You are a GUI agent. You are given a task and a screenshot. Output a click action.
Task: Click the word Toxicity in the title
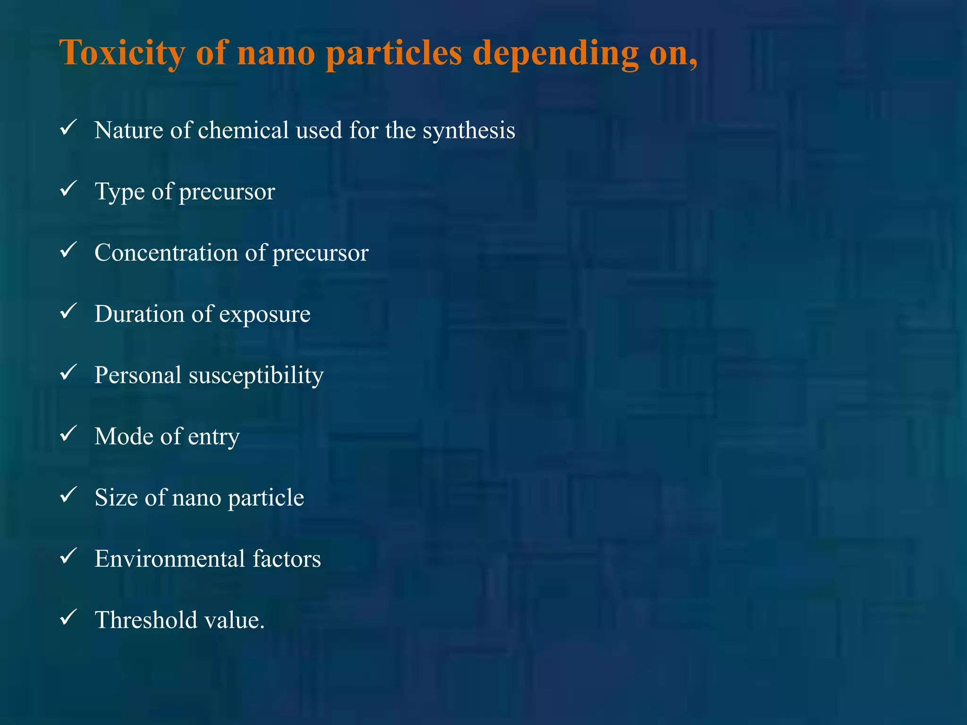(x=122, y=53)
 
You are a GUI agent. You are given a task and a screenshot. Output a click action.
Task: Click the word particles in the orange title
(x=394, y=53)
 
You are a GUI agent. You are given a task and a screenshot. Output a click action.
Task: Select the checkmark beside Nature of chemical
(x=69, y=128)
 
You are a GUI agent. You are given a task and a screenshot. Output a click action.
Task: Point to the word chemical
(x=243, y=130)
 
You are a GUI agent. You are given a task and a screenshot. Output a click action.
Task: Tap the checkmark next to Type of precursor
(x=69, y=189)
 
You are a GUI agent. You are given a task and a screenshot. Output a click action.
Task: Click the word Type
(x=119, y=192)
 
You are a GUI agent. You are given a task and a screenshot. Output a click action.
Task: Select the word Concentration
(x=166, y=253)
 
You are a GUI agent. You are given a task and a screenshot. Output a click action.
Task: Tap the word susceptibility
(x=256, y=376)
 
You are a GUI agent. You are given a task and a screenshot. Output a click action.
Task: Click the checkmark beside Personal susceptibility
(x=69, y=373)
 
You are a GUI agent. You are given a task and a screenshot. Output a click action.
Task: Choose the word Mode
(x=123, y=436)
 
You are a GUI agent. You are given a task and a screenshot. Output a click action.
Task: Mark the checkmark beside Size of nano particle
(x=69, y=495)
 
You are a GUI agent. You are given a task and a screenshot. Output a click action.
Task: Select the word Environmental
(x=170, y=559)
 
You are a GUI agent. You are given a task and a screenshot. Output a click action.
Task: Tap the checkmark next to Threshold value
(x=69, y=617)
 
